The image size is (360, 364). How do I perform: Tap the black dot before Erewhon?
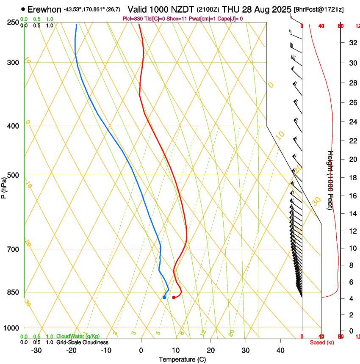coord(23,9)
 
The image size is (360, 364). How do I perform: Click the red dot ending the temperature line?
coord(174,298)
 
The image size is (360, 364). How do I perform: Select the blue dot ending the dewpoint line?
coord(164,298)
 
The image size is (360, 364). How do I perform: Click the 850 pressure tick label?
coord(13,292)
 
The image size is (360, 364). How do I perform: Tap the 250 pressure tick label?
coord(13,22)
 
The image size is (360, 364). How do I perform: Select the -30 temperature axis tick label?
coord(36,350)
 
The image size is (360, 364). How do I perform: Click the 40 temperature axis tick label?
coord(280,350)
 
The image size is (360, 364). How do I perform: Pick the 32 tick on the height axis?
coord(352,43)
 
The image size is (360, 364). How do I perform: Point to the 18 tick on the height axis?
coord(352,178)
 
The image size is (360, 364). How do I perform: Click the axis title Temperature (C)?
coord(182,359)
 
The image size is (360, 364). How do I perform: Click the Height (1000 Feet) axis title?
coord(331,180)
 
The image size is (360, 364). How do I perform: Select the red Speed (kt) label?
coord(322,342)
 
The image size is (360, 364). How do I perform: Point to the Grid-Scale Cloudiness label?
coord(82,342)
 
